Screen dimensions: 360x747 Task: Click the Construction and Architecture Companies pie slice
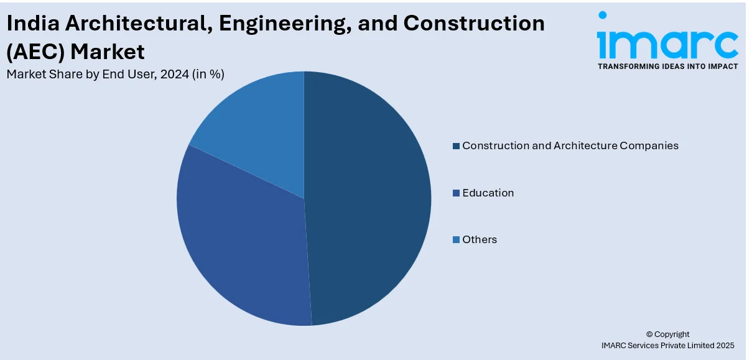(x=367, y=199)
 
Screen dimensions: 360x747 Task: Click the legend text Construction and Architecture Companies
(x=570, y=145)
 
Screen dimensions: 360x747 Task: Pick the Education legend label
(x=488, y=193)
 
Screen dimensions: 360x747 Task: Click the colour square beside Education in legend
(x=456, y=193)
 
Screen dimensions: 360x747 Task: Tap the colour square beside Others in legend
(x=456, y=239)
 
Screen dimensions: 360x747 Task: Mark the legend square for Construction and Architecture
(x=456, y=145)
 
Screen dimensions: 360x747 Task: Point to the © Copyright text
(x=667, y=334)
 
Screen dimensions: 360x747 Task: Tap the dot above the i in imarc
(x=602, y=16)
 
